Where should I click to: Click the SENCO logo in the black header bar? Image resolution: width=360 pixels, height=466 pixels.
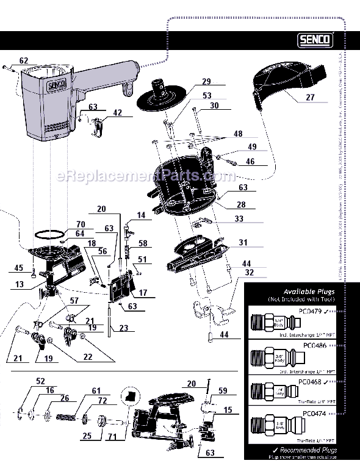315,40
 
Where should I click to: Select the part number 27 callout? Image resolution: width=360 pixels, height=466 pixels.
310,96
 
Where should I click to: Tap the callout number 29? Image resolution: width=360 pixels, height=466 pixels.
206,81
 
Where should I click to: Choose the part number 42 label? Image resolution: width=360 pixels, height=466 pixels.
117,113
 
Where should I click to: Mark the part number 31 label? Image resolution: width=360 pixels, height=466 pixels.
242,242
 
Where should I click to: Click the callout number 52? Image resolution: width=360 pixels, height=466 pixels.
40,381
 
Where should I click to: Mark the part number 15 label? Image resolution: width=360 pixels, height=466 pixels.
228,410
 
